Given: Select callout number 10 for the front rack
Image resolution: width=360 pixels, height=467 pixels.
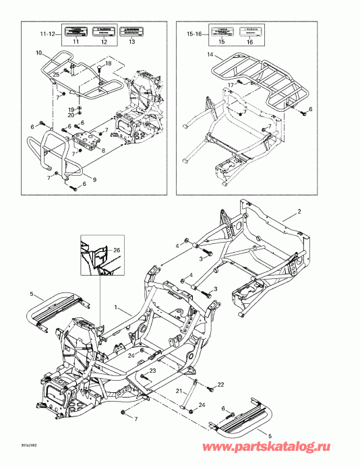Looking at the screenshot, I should (38, 53).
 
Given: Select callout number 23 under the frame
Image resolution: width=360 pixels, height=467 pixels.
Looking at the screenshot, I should (153, 371).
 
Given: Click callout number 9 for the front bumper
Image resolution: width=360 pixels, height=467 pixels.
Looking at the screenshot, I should (94, 179).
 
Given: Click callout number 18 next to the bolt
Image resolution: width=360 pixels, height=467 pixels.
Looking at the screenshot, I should (107, 62).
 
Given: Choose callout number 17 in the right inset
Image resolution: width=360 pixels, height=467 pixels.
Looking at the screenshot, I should (230, 84).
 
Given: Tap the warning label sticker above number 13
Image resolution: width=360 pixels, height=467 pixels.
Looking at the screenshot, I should (131, 30).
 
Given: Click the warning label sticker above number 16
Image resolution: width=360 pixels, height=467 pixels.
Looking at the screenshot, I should (249, 30).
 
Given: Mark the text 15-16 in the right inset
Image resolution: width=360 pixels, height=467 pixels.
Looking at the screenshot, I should (193, 32).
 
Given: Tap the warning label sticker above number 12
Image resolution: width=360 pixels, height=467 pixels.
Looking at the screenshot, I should (103, 30).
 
